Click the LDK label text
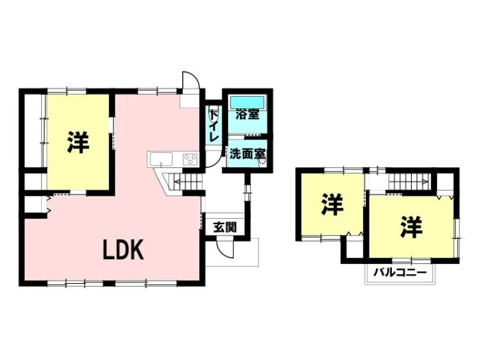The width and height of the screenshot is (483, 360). click(x=123, y=250)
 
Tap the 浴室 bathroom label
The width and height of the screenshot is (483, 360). click(x=247, y=115)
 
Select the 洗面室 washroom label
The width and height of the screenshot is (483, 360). click(x=248, y=154)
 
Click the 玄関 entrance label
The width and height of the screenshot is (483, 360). click(x=225, y=228)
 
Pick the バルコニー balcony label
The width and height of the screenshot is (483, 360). click(x=400, y=272)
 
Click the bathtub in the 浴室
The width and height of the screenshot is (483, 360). click(x=247, y=101)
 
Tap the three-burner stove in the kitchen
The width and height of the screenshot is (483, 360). click(x=190, y=159)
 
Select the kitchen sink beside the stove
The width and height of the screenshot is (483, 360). click(x=161, y=159)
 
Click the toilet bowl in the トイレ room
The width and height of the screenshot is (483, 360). click(x=214, y=114)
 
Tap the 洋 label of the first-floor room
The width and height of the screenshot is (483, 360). click(x=78, y=142)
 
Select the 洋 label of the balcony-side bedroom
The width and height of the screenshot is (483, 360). click(x=411, y=227)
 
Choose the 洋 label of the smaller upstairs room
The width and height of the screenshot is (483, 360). click(x=332, y=204)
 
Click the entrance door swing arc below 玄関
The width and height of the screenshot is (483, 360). click(x=224, y=248)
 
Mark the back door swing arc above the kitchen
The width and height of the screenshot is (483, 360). click(x=191, y=80)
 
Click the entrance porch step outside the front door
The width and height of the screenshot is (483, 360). click(x=232, y=252)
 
